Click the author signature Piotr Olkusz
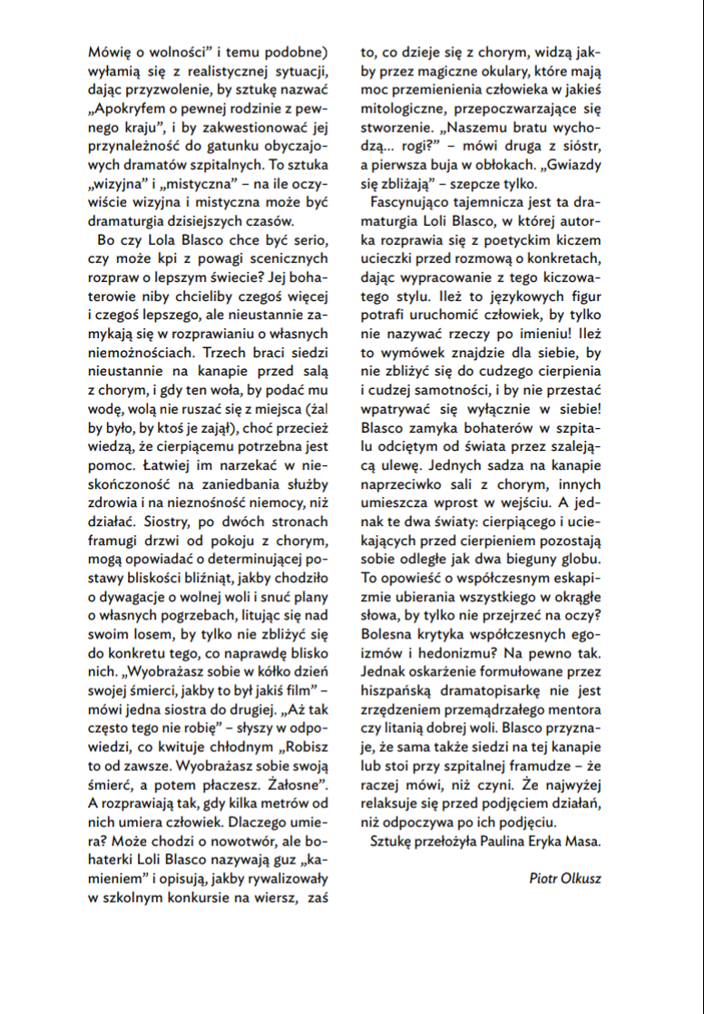coord(564,878)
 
